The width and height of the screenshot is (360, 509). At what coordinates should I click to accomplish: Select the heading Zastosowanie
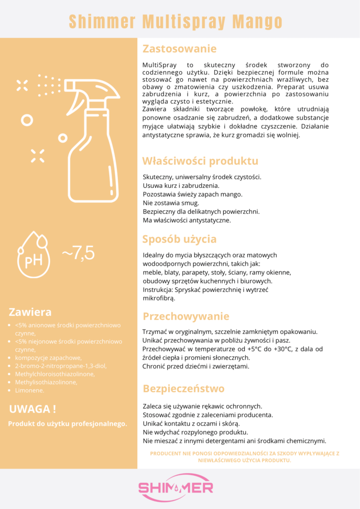[180, 49]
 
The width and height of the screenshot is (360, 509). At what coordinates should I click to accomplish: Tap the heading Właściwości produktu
[200, 161]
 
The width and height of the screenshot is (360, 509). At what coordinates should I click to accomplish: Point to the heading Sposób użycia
[179, 239]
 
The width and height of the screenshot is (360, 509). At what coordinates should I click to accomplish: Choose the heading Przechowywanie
[186, 316]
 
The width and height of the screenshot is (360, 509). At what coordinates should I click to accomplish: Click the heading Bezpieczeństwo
[183, 388]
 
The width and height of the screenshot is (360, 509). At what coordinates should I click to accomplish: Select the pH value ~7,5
[78, 253]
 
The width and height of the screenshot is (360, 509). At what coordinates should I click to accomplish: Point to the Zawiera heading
[30, 312]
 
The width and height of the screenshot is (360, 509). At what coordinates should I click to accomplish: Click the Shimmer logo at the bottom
[176, 487]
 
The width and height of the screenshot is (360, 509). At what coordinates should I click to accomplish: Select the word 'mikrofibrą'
[159, 299]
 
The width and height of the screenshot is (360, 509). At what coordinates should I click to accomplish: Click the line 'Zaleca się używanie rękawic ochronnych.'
[202, 406]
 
